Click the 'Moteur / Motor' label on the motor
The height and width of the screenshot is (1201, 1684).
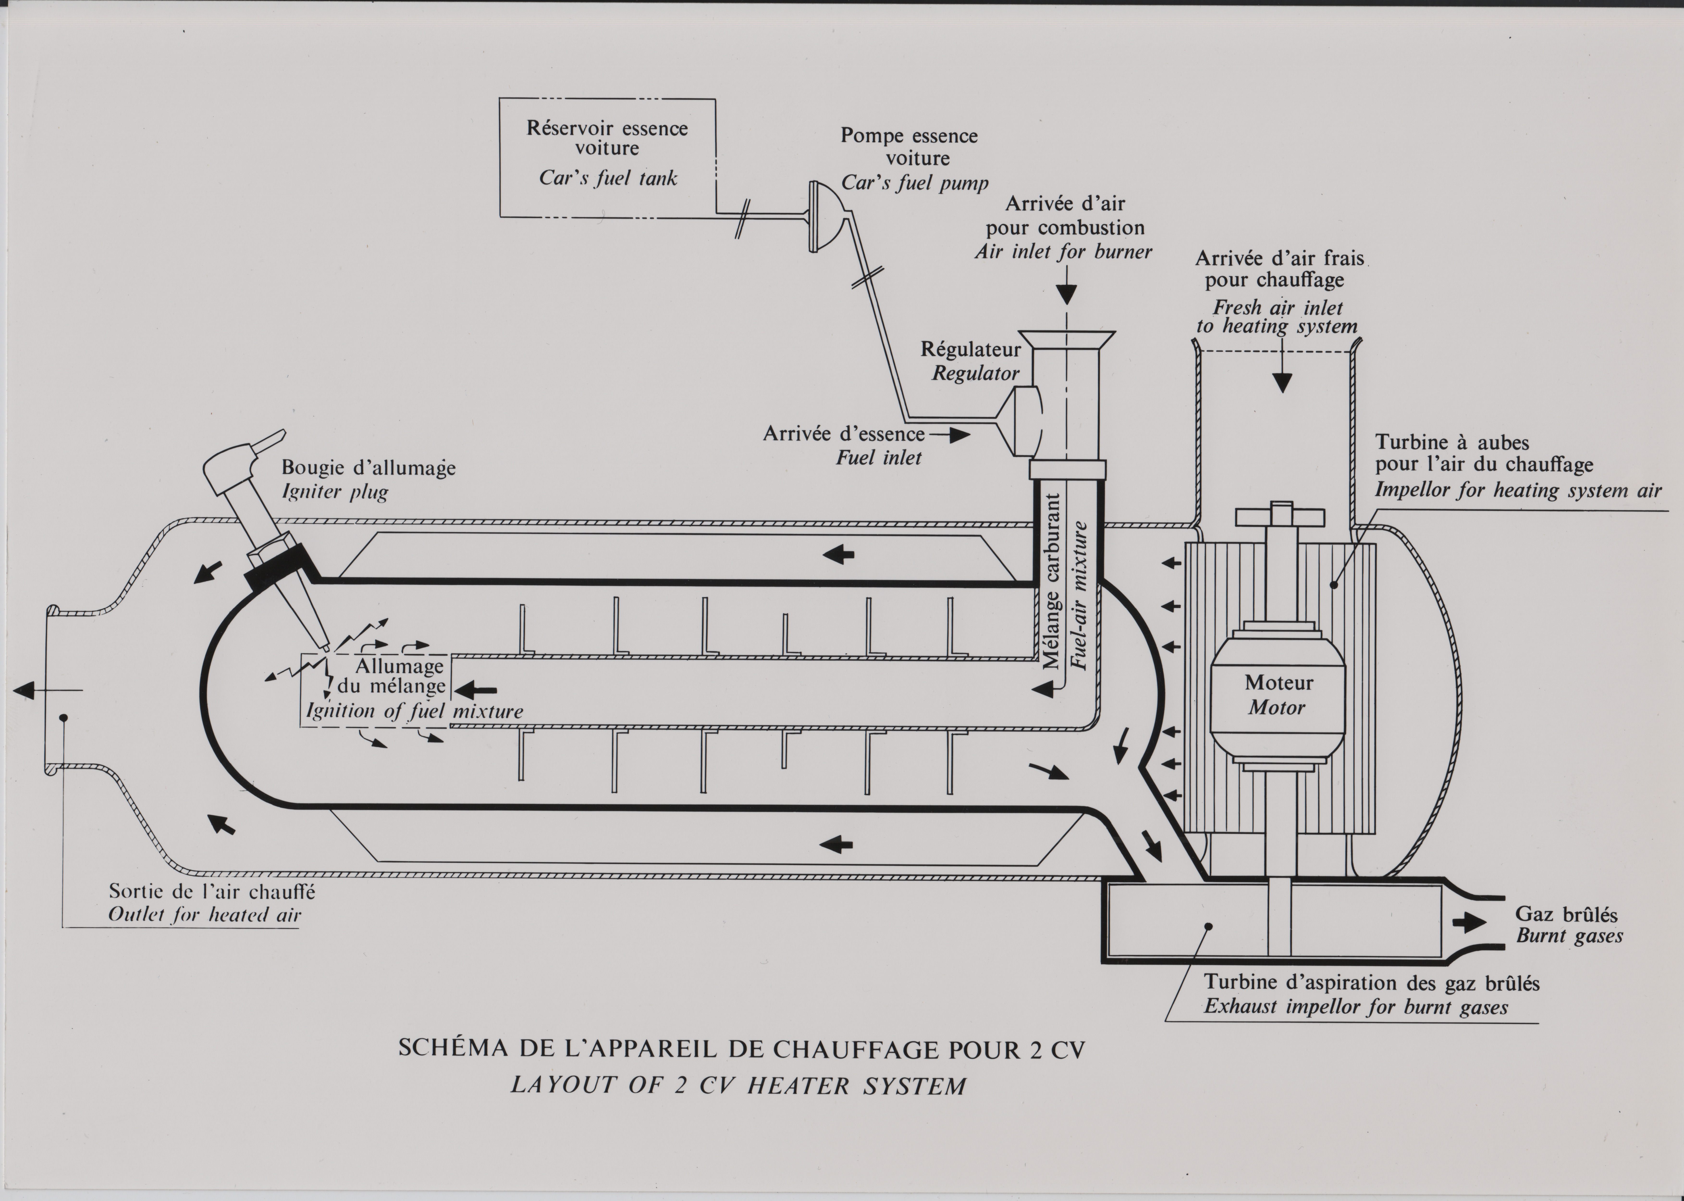click(x=1278, y=694)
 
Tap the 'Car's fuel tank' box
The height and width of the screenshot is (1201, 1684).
click(x=608, y=158)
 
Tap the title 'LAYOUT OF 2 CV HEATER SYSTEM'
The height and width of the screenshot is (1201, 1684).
click(x=738, y=1086)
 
